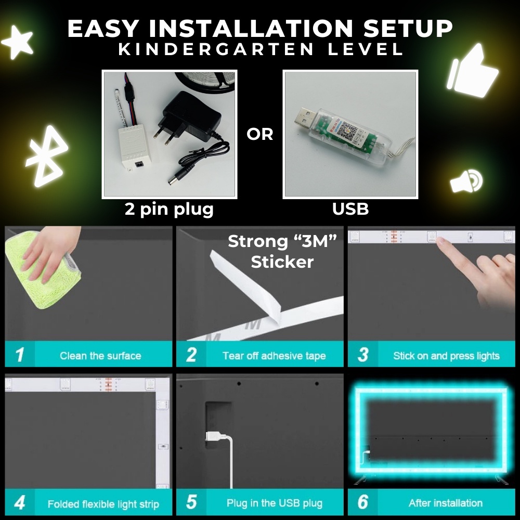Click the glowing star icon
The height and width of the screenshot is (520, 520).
tap(18, 43)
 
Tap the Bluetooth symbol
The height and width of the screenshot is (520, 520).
tap(47, 156)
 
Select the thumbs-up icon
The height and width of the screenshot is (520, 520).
tap(472, 71)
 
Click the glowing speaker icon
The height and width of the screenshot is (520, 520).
tap(466, 181)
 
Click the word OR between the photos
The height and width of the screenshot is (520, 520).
tap(259, 134)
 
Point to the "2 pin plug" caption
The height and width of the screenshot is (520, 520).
tap(169, 210)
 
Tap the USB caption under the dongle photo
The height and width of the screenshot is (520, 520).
tap(350, 209)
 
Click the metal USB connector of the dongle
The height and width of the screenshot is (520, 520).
tap(305, 116)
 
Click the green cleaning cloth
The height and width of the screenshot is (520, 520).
tap(43, 270)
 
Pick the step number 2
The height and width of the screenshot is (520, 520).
tap(191, 355)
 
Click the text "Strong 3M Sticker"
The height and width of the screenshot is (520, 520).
tap(282, 251)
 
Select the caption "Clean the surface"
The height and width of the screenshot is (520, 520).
tap(100, 356)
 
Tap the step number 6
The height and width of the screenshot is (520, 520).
tap(363, 502)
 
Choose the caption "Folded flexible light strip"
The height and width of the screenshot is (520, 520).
tap(103, 504)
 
